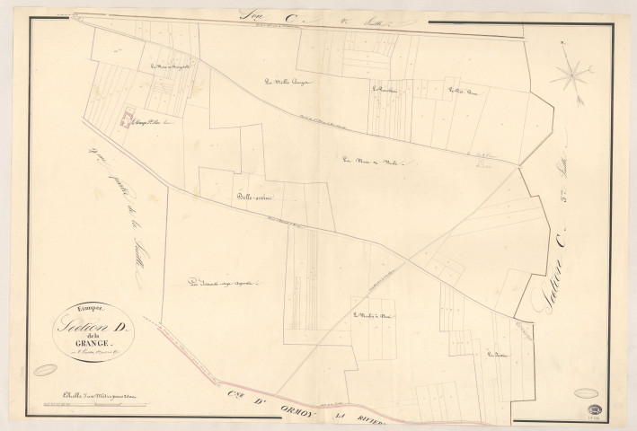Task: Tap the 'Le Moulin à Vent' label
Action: pos(374,315)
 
